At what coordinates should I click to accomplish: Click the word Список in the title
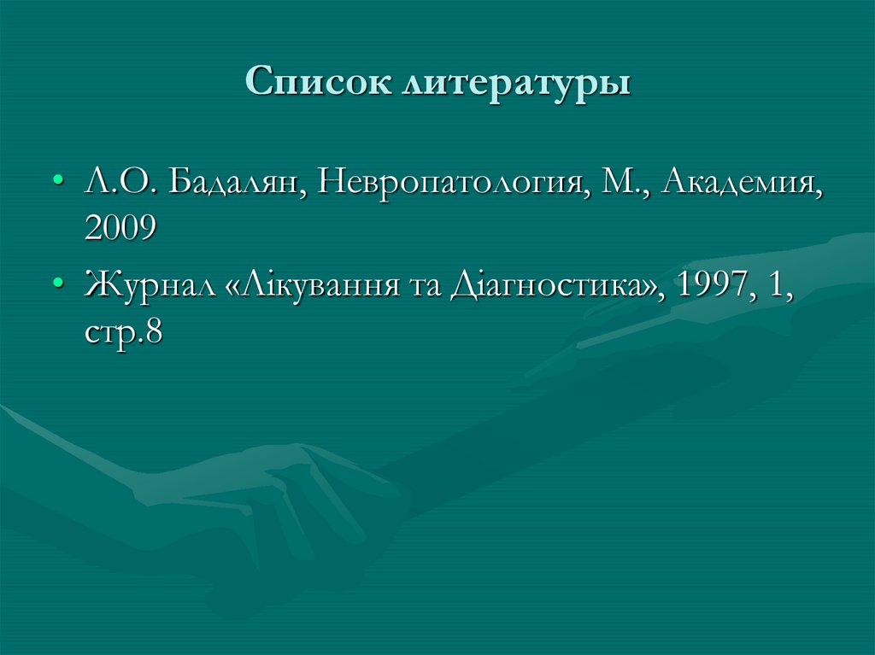(320, 85)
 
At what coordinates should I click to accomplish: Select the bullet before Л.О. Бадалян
(57, 183)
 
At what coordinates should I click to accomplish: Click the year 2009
(120, 227)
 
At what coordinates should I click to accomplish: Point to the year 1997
(711, 284)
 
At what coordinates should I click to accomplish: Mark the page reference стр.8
(123, 329)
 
